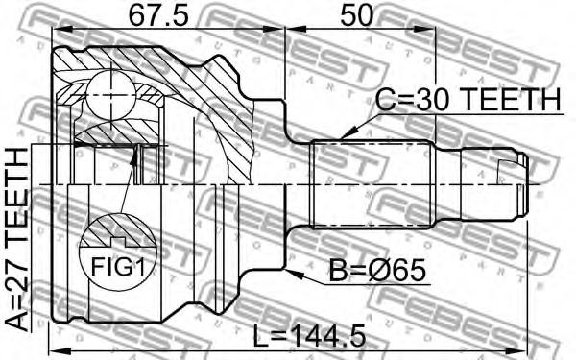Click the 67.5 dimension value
[158, 14]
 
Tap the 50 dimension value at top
[357, 14]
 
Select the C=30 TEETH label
[468, 100]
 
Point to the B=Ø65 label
[377, 271]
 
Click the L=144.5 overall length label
[310, 335]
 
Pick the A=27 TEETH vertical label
[16, 239]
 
